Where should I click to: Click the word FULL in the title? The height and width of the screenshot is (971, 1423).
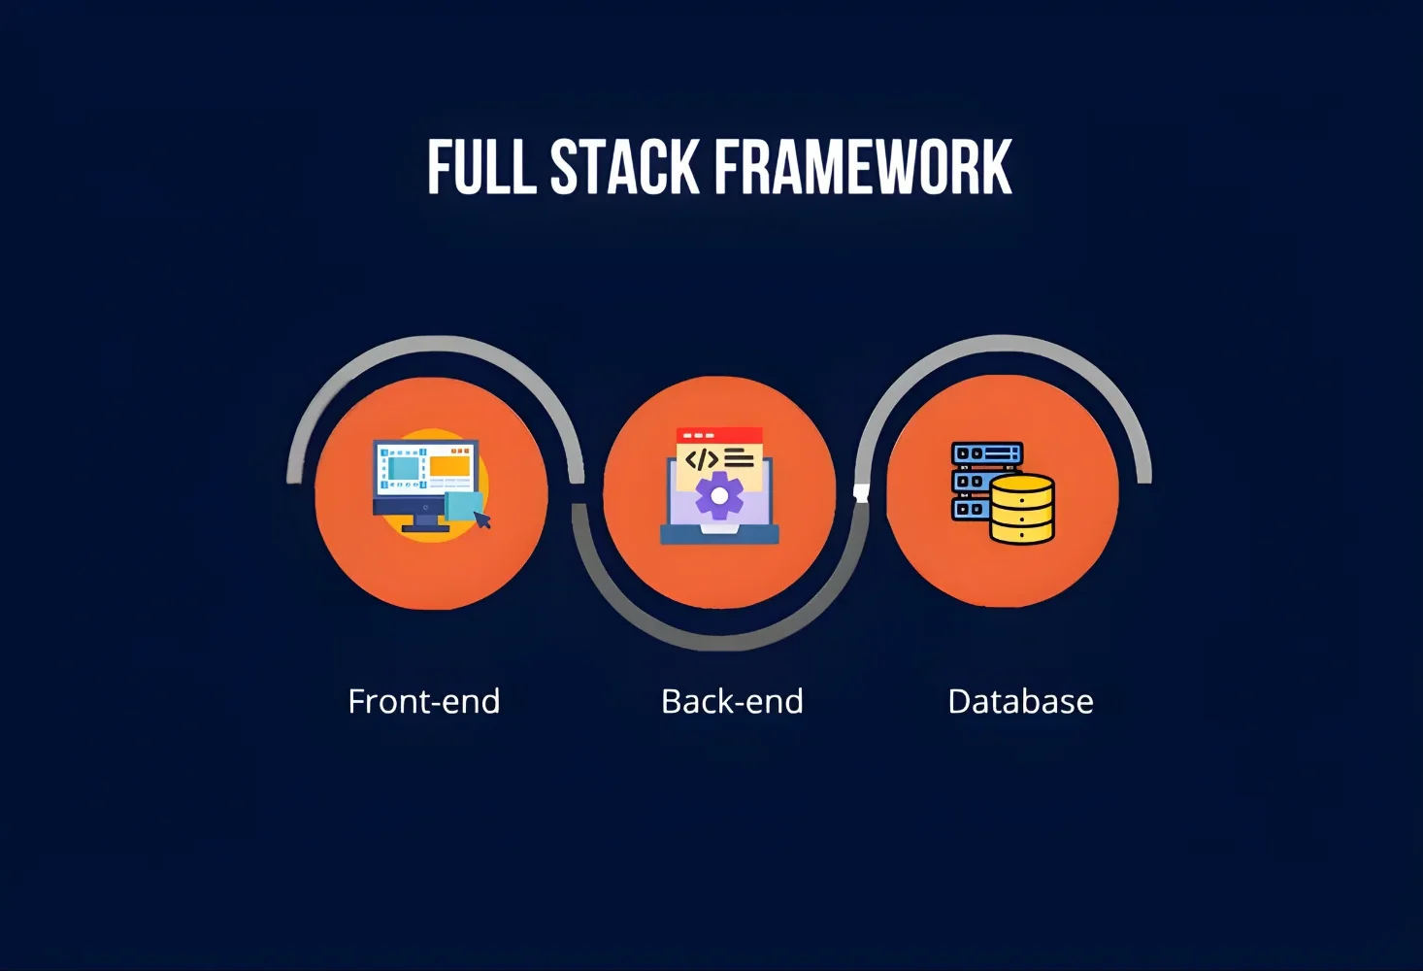pyautogui.click(x=481, y=167)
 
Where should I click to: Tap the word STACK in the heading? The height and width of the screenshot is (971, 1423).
pyautogui.click(x=624, y=167)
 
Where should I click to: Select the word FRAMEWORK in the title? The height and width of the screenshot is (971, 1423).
pyautogui.click(x=864, y=167)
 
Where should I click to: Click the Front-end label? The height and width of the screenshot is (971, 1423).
pyautogui.click(x=423, y=701)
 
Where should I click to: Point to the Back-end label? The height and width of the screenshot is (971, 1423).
pyautogui.click(x=732, y=701)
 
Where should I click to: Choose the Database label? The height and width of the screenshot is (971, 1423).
pyautogui.click(x=1020, y=701)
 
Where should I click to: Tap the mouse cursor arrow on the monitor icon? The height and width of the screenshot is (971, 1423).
pyautogui.click(x=482, y=519)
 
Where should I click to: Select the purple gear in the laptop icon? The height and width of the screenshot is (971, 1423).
pyautogui.click(x=719, y=495)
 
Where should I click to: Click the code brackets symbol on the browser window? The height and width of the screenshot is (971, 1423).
pyautogui.click(x=701, y=459)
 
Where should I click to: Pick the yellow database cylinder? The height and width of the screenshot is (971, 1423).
pyautogui.click(x=1022, y=509)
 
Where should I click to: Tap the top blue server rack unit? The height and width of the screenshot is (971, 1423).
pyautogui.click(x=987, y=453)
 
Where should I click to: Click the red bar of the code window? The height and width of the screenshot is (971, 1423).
pyautogui.click(x=719, y=435)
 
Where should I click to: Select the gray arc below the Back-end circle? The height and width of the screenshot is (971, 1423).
pyautogui.click(x=718, y=641)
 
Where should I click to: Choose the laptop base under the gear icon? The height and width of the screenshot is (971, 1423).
pyautogui.click(x=719, y=534)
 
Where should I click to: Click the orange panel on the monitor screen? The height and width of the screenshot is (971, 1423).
pyautogui.click(x=450, y=467)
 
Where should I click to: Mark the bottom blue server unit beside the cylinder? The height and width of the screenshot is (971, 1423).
pyautogui.click(x=969, y=509)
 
